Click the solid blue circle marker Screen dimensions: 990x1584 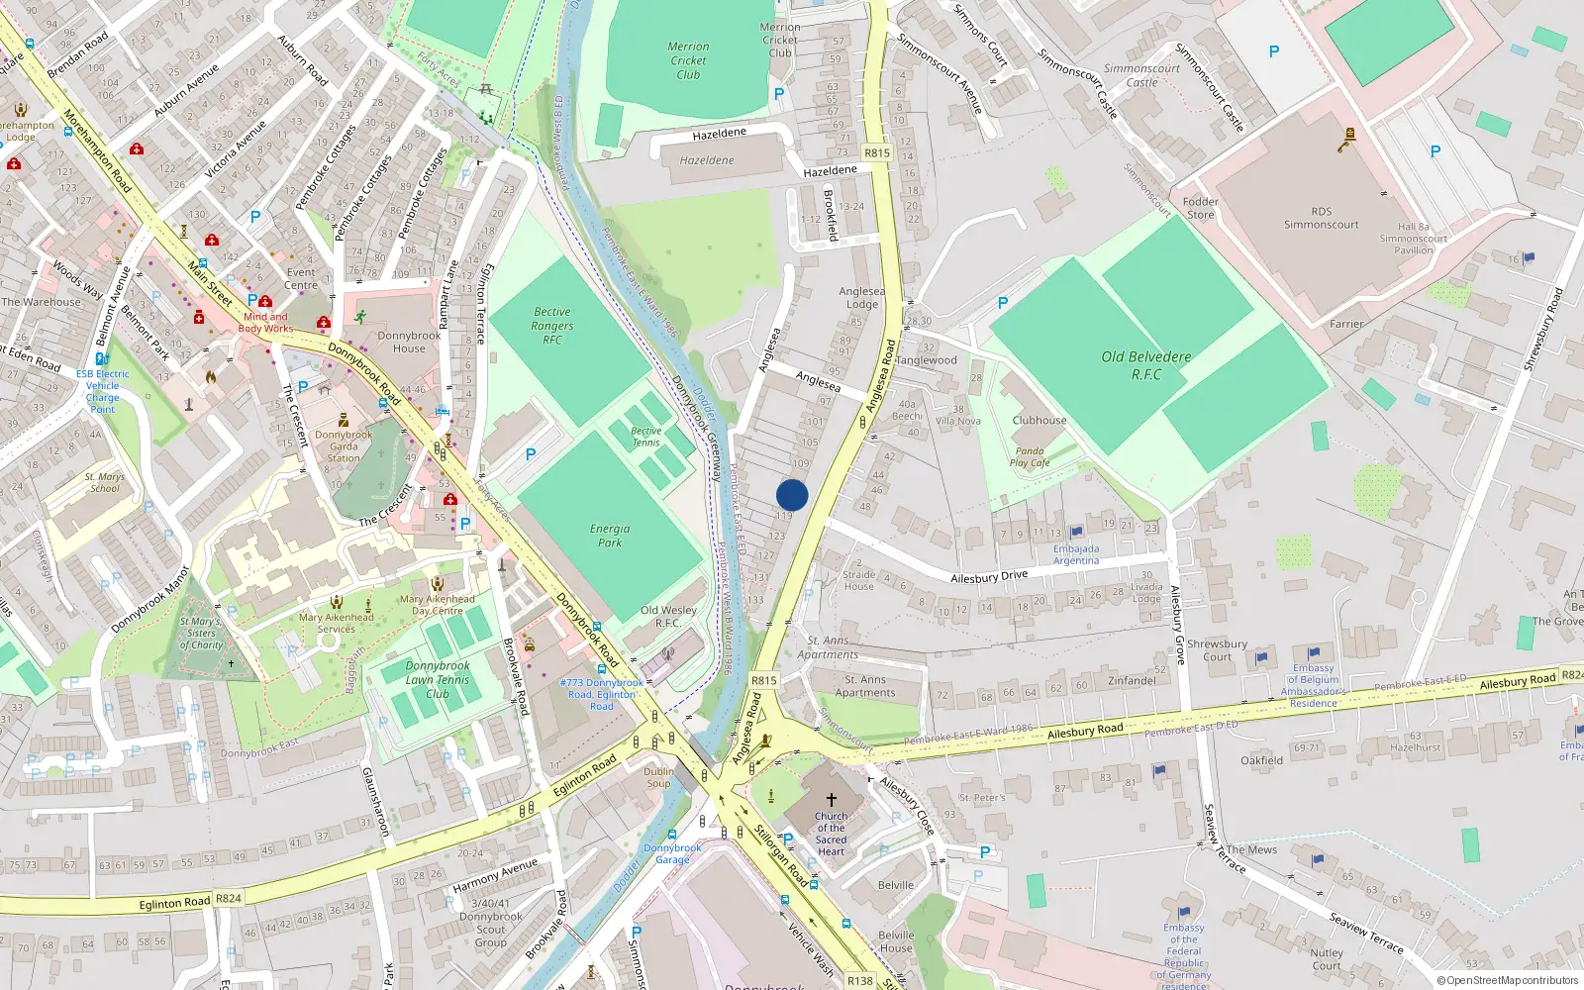[x=792, y=495]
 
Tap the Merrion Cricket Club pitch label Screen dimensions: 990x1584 [x=688, y=60]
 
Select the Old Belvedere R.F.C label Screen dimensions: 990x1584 [x=1145, y=365]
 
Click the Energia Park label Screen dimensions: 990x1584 [x=610, y=536]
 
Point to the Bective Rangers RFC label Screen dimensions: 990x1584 [x=551, y=325]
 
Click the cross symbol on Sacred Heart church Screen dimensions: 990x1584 [x=831, y=799]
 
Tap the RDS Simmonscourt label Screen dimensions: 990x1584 [x=1322, y=218]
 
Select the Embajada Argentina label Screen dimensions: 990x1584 [x=1076, y=554]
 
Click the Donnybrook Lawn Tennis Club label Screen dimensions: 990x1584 [x=438, y=680]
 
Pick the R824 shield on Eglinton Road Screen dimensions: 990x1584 [x=229, y=898]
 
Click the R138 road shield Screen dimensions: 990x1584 [x=860, y=980]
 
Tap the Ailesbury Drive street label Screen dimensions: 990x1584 [x=989, y=576]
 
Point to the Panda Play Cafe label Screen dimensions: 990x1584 [x=1030, y=456]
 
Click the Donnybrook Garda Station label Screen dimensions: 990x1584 [x=344, y=446]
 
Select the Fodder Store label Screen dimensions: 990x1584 [x=1200, y=208]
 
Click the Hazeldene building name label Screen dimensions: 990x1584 [x=707, y=160]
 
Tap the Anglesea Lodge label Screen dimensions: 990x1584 [x=862, y=298]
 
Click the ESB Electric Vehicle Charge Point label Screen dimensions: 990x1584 [x=102, y=391]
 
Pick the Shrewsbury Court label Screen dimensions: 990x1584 [x=1217, y=649]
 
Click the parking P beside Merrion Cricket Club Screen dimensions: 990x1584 [x=779, y=94]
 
